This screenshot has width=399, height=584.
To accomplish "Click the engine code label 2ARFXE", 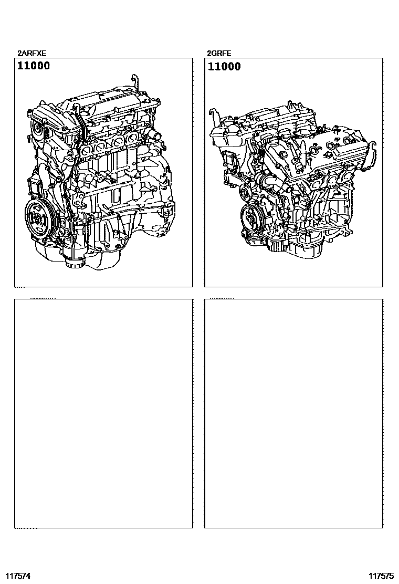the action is pyautogui.click(x=32, y=54).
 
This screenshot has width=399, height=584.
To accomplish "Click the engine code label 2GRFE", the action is pyautogui.click(x=219, y=54).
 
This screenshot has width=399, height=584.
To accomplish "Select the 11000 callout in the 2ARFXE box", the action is pyautogui.click(x=34, y=66).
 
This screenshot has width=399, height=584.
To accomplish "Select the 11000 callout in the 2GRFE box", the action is pyautogui.click(x=224, y=67).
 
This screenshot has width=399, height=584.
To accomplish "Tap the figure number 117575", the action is pyautogui.click(x=381, y=576).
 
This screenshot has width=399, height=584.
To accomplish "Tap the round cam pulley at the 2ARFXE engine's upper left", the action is pyautogui.click(x=37, y=129).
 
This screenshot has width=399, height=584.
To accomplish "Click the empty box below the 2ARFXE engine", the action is pyautogui.click(x=103, y=413).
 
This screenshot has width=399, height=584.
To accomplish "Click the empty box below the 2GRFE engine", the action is pyautogui.click(x=293, y=413).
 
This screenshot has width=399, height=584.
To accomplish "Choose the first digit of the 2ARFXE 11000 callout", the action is pyautogui.click(x=20, y=66).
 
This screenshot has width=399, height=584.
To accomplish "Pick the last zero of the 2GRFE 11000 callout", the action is pyautogui.click(x=237, y=67).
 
